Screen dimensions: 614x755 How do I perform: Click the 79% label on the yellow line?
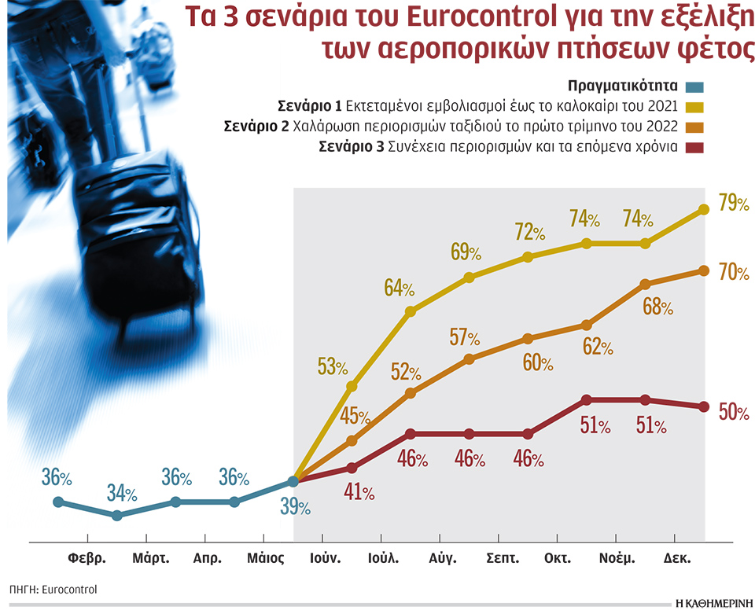coord(733,204)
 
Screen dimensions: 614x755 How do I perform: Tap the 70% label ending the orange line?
coord(733,273)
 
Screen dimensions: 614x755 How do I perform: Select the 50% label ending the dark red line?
coord(733,412)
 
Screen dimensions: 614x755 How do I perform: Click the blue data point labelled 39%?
coord(293,481)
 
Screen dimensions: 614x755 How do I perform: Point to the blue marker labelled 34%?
coord(117,516)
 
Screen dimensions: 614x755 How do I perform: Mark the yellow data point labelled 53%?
coord(352,386)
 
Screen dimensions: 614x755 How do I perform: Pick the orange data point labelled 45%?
coord(352,441)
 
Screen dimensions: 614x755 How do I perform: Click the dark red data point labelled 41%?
coord(352,468)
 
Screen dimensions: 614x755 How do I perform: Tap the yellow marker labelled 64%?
coord(410,312)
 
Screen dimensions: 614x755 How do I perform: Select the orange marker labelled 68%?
coord(646,284)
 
